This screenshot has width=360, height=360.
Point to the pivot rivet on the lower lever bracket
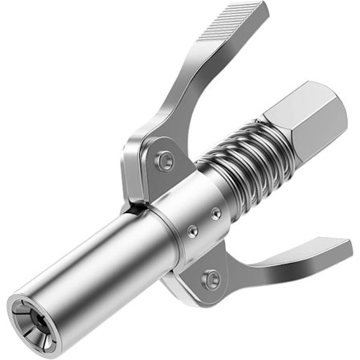pos(211,280)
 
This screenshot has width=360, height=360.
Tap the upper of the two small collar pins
pos(215,213)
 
